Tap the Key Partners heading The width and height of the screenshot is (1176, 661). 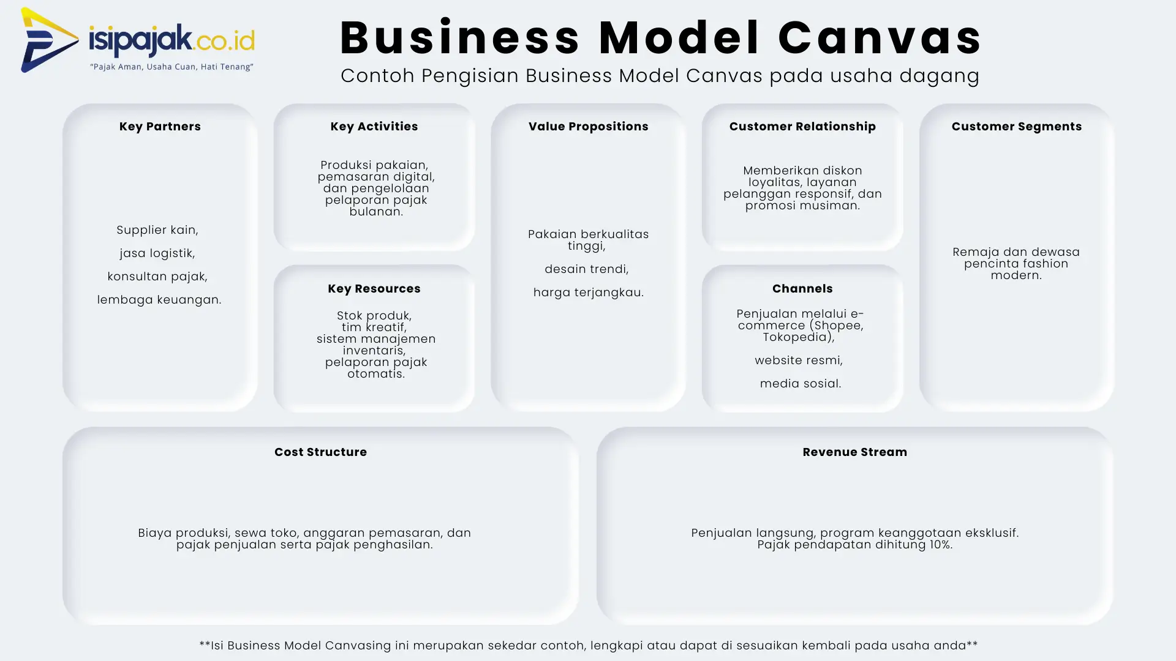(160, 127)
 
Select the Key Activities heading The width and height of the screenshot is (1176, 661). (374, 127)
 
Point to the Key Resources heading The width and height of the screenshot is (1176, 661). (374, 289)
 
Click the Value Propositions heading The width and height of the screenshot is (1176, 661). (588, 127)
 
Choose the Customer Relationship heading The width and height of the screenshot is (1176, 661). (802, 127)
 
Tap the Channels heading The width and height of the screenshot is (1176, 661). (802, 289)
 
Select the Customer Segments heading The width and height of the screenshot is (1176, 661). (1016, 127)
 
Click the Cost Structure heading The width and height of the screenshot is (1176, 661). (320, 452)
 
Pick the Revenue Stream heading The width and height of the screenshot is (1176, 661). (854, 452)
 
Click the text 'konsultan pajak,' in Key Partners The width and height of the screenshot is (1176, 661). (157, 277)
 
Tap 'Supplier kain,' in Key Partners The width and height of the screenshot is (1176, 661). (157, 230)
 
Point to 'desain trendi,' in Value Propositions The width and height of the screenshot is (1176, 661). (586, 269)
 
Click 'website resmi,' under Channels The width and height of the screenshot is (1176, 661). (798, 360)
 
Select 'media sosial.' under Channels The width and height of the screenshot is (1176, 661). (800, 384)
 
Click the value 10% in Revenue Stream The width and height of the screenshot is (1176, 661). (939, 545)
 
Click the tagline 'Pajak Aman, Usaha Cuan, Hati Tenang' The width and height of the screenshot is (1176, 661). (171, 67)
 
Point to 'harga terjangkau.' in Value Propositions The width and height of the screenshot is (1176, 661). (588, 293)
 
